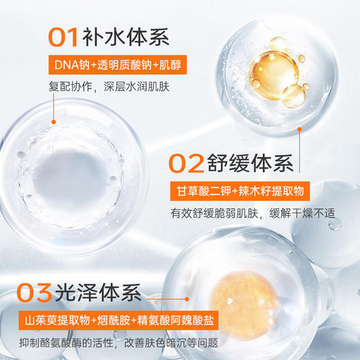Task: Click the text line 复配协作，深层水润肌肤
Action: tap(109, 87)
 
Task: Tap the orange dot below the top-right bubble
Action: tap(299, 128)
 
